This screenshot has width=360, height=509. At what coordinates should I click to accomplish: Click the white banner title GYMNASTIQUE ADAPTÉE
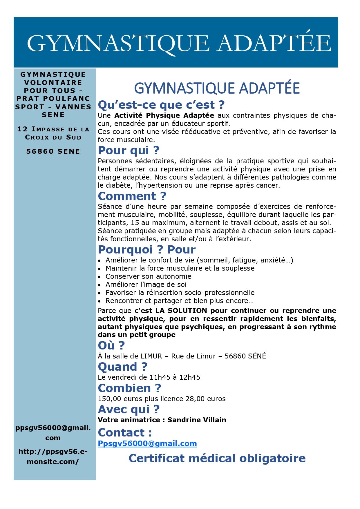point(179,43)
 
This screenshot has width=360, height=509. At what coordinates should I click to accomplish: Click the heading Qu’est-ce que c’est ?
point(161,105)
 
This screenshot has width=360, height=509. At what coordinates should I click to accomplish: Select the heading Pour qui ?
point(129,150)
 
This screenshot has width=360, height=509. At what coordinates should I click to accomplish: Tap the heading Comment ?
point(132,196)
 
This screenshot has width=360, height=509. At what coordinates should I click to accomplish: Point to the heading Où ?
point(111,345)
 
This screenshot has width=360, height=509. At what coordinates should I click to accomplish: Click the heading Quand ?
point(123,367)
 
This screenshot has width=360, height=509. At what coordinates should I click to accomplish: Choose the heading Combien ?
point(129,388)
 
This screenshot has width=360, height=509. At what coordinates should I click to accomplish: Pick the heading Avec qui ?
point(129,409)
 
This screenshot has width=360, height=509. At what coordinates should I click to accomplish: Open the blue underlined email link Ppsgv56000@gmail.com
point(147,443)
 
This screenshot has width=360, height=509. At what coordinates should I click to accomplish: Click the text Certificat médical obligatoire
point(217,458)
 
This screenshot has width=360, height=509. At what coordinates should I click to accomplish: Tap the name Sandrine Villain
point(197,420)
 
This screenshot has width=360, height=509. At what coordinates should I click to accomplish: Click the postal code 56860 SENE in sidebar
point(53,151)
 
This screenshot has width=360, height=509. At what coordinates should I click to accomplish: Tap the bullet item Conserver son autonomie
point(148,276)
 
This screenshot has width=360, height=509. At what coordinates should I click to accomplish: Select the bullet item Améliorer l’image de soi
point(146,285)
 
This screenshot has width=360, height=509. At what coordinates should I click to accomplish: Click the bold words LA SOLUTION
point(181,311)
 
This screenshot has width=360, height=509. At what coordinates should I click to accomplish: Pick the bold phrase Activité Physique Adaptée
point(164,115)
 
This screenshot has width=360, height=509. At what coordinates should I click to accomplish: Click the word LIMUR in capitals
point(151,356)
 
